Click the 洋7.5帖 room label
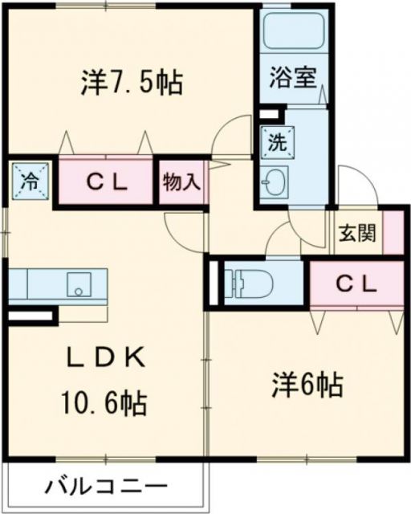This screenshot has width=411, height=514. [132, 81]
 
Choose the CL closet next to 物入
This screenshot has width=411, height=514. [106, 182]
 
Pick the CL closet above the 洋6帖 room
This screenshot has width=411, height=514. [356, 284]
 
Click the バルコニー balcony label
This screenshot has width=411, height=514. [106, 487]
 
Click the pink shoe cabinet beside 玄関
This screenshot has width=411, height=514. [393, 234]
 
